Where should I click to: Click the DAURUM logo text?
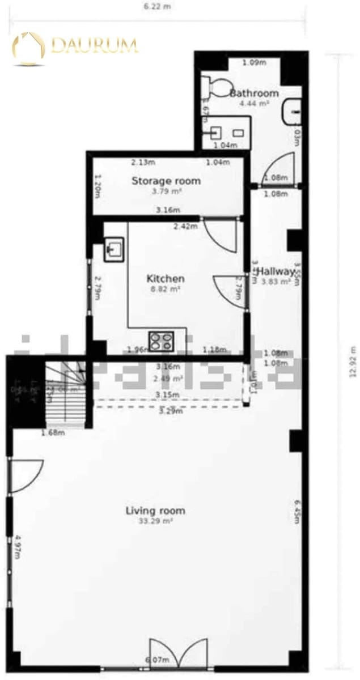[94, 45]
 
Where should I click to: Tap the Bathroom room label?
[254, 93]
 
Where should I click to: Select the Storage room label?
[166, 181]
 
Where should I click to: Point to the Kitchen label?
[166, 278]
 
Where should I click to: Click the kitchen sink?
[114, 249]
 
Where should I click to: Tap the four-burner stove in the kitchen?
[161, 341]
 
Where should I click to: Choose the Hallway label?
[277, 271]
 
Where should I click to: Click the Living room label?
[155, 511]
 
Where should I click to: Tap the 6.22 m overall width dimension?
[157, 6]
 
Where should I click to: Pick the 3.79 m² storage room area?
[166, 191]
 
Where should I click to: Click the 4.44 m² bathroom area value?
[254, 103]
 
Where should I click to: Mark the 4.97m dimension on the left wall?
[18, 545]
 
